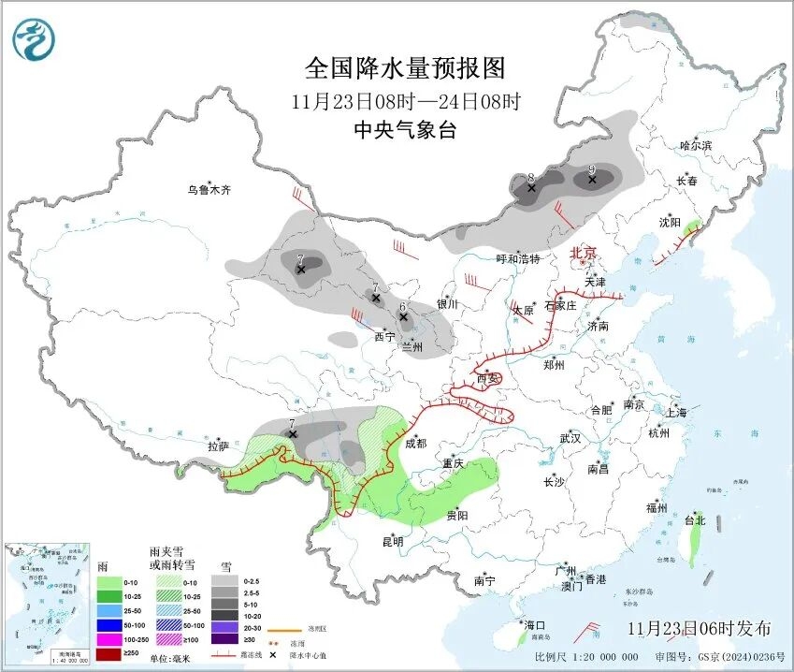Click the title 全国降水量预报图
click(x=405, y=68)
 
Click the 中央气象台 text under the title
click(x=405, y=131)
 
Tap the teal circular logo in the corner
click(x=34, y=39)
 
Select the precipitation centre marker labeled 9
click(x=591, y=179)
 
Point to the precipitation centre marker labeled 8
click(x=531, y=188)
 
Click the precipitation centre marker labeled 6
click(x=403, y=317)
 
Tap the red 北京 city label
click(x=584, y=253)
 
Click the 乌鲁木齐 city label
click(x=208, y=190)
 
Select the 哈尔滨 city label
click(x=696, y=145)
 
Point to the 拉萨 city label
click(x=218, y=446)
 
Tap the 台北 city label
click(x=694, y=520)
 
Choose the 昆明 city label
click(x=392, y=541)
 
